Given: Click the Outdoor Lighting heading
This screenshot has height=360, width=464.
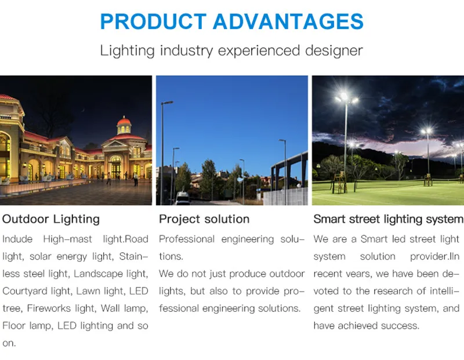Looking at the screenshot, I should tap(51, 219).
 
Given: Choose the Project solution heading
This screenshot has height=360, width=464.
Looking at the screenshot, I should tap(204, 219).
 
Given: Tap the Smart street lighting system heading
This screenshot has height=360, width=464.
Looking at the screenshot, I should tap(388, 219).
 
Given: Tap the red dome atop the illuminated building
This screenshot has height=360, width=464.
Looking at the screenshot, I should tap(124, 123).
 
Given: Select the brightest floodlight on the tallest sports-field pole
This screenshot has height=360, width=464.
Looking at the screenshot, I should tap(343, 98).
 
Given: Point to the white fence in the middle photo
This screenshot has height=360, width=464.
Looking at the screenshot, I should tap(285, 196).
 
